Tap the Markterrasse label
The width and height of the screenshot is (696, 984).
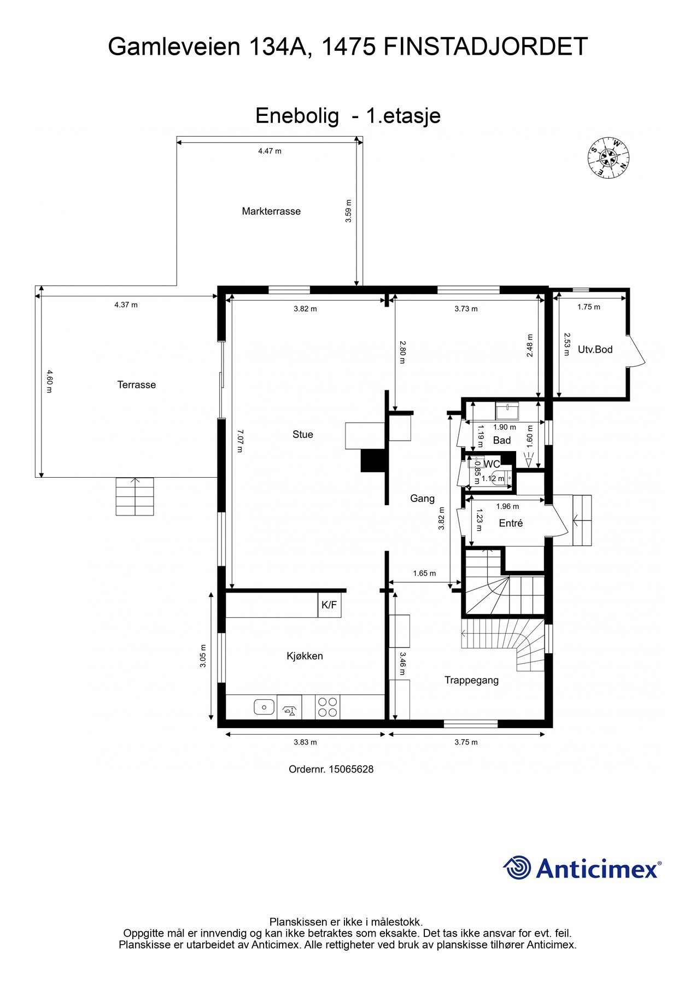271,211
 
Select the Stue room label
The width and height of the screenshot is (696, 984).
302,434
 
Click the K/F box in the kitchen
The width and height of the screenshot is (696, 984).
329,605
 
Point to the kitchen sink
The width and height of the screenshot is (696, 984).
264,707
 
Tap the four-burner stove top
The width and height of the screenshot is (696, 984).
327,706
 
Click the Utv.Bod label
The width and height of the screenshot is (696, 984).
595,349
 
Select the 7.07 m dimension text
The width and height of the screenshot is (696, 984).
239,441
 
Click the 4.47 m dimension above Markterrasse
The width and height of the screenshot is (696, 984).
270,151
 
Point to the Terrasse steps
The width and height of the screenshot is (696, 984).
135,496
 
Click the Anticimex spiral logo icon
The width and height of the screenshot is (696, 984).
517,868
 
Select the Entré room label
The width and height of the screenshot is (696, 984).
511,523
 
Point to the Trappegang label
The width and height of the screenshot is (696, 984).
471,680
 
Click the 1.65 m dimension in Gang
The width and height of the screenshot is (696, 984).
424,573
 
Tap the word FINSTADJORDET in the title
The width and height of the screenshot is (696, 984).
486,47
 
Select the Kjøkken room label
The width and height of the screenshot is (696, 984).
305,656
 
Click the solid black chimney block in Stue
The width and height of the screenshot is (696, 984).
374,460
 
